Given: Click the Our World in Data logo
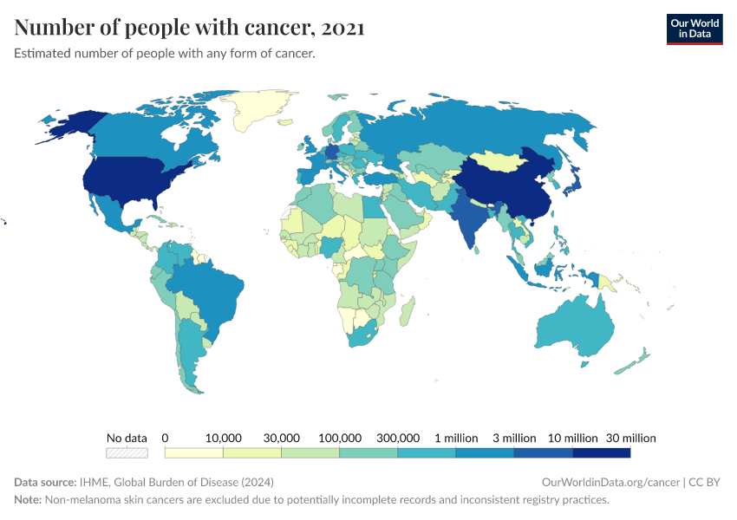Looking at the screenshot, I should click(x=694, y=29).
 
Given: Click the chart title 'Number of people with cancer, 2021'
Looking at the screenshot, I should click(x=189, y=28).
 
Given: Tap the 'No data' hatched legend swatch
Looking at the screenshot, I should click(x=127, y=452).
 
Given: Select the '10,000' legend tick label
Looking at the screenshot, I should click(x=223, y=438).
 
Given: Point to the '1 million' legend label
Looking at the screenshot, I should click(x=455, y=438).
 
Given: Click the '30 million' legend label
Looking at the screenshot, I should click(x=629, y=438).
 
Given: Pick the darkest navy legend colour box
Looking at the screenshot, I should click(x=601, y=452).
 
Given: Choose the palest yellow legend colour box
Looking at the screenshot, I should click(x=193, y=452).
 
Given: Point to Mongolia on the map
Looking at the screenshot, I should click(x=502, y=162).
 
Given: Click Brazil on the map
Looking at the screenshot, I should click(x=208, y=290).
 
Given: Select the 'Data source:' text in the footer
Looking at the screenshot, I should click(x=45, y=482).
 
